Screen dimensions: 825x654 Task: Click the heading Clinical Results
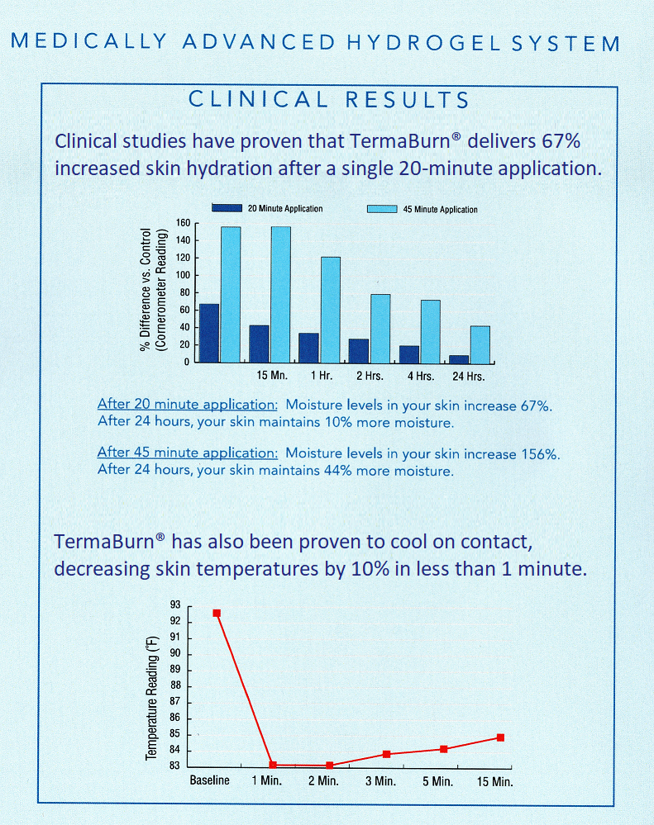[x=328, y=101]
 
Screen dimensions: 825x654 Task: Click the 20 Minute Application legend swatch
[x=227, y=208]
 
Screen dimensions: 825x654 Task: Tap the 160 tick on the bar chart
[x=184, y=223]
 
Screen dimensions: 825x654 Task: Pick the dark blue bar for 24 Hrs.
[x=458, y=358]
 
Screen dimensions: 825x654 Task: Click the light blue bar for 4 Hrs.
[x=430, y=330]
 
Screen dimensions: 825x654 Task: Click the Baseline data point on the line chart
[x=217, y=613]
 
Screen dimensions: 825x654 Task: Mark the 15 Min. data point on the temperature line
[x=500, y=737]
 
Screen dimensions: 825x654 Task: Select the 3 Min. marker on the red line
[x=386, y=754]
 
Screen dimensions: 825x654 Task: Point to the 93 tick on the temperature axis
[x=175, y=605]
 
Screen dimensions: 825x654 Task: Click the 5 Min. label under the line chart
[x=436, y=781]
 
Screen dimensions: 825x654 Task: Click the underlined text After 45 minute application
[x=188, y=453]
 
